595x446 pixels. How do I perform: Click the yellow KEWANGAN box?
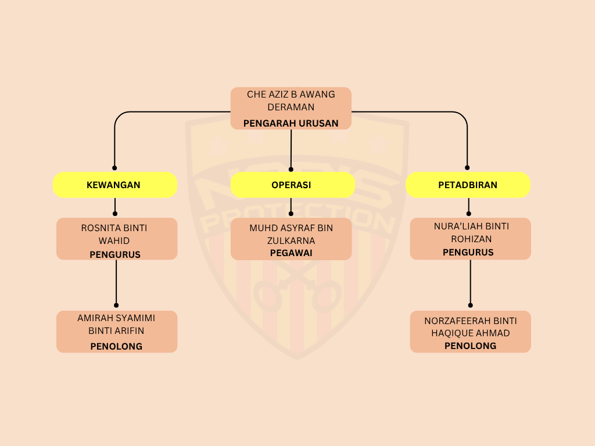(114, 185)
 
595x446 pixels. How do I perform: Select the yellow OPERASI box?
(292, 185)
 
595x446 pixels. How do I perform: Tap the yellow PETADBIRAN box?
(468, 185)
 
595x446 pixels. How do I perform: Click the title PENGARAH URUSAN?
(291, 123)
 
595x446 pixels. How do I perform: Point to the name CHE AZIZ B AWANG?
(291, 94)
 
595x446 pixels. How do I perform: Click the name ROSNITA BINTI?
(114, 228)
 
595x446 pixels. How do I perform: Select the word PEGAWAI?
(291, 253)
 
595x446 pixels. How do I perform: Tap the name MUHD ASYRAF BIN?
(291, 228)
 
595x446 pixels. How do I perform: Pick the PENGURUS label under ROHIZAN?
(468, 252)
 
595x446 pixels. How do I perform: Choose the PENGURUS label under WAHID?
(115, 254)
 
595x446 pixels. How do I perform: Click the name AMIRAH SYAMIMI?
(116, 318)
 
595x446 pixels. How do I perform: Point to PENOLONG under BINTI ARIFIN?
(116, 346)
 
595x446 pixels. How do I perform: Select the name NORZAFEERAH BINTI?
(470, 321)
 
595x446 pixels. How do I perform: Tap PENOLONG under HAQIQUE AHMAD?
(470, 346)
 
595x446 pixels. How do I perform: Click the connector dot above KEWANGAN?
(114, 167)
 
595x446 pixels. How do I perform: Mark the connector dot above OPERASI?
(291, 170)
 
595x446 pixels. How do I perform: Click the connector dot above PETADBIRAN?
(468, 168)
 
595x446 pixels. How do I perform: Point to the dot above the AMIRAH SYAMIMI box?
(116, 305)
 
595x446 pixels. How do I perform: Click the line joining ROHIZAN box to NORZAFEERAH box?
(470, 282)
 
